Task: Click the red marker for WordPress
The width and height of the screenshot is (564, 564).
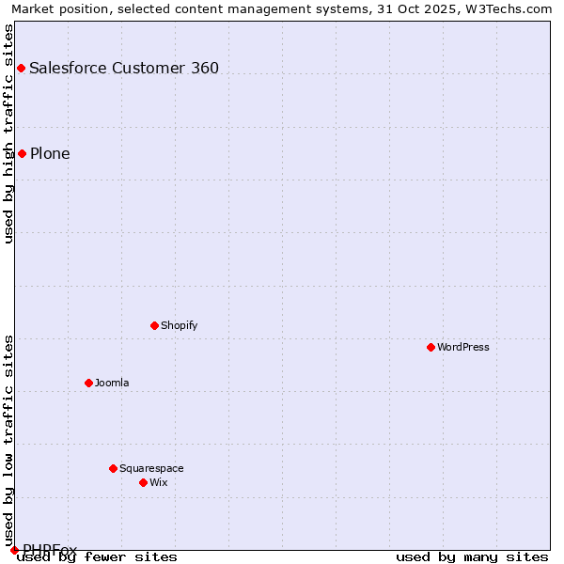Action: (x=431, y=347)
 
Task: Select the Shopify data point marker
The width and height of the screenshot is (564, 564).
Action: (x=154, y=325)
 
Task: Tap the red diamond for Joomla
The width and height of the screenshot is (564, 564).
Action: (x=88, y=383)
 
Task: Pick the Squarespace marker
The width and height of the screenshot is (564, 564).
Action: (x=113, y=468)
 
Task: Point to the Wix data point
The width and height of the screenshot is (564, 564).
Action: (x=143, y=482)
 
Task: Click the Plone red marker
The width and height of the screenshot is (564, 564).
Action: (x=22, y=153)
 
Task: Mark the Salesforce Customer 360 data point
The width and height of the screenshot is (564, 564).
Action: (x=21, y=68)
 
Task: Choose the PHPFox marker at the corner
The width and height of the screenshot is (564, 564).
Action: (x=14, y=550)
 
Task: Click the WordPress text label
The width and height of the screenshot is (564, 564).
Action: (x=463, y=347)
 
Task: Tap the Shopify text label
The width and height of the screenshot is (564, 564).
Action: (x=179, y=325)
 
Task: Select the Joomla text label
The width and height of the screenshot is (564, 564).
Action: (x=112, y=383)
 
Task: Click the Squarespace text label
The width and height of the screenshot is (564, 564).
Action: (x=151, y=468)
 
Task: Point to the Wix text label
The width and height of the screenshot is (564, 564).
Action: (x=159, y=482)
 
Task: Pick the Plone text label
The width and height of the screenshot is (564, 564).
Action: (x=50, y=153)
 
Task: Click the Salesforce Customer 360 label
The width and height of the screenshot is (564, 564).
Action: (x=124, y=68)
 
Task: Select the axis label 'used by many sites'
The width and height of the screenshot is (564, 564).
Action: (x=472, y=556)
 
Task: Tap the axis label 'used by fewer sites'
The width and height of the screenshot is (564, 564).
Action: (x=98, y=556)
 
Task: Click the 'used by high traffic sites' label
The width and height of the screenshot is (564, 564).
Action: (x=8, y=133)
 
